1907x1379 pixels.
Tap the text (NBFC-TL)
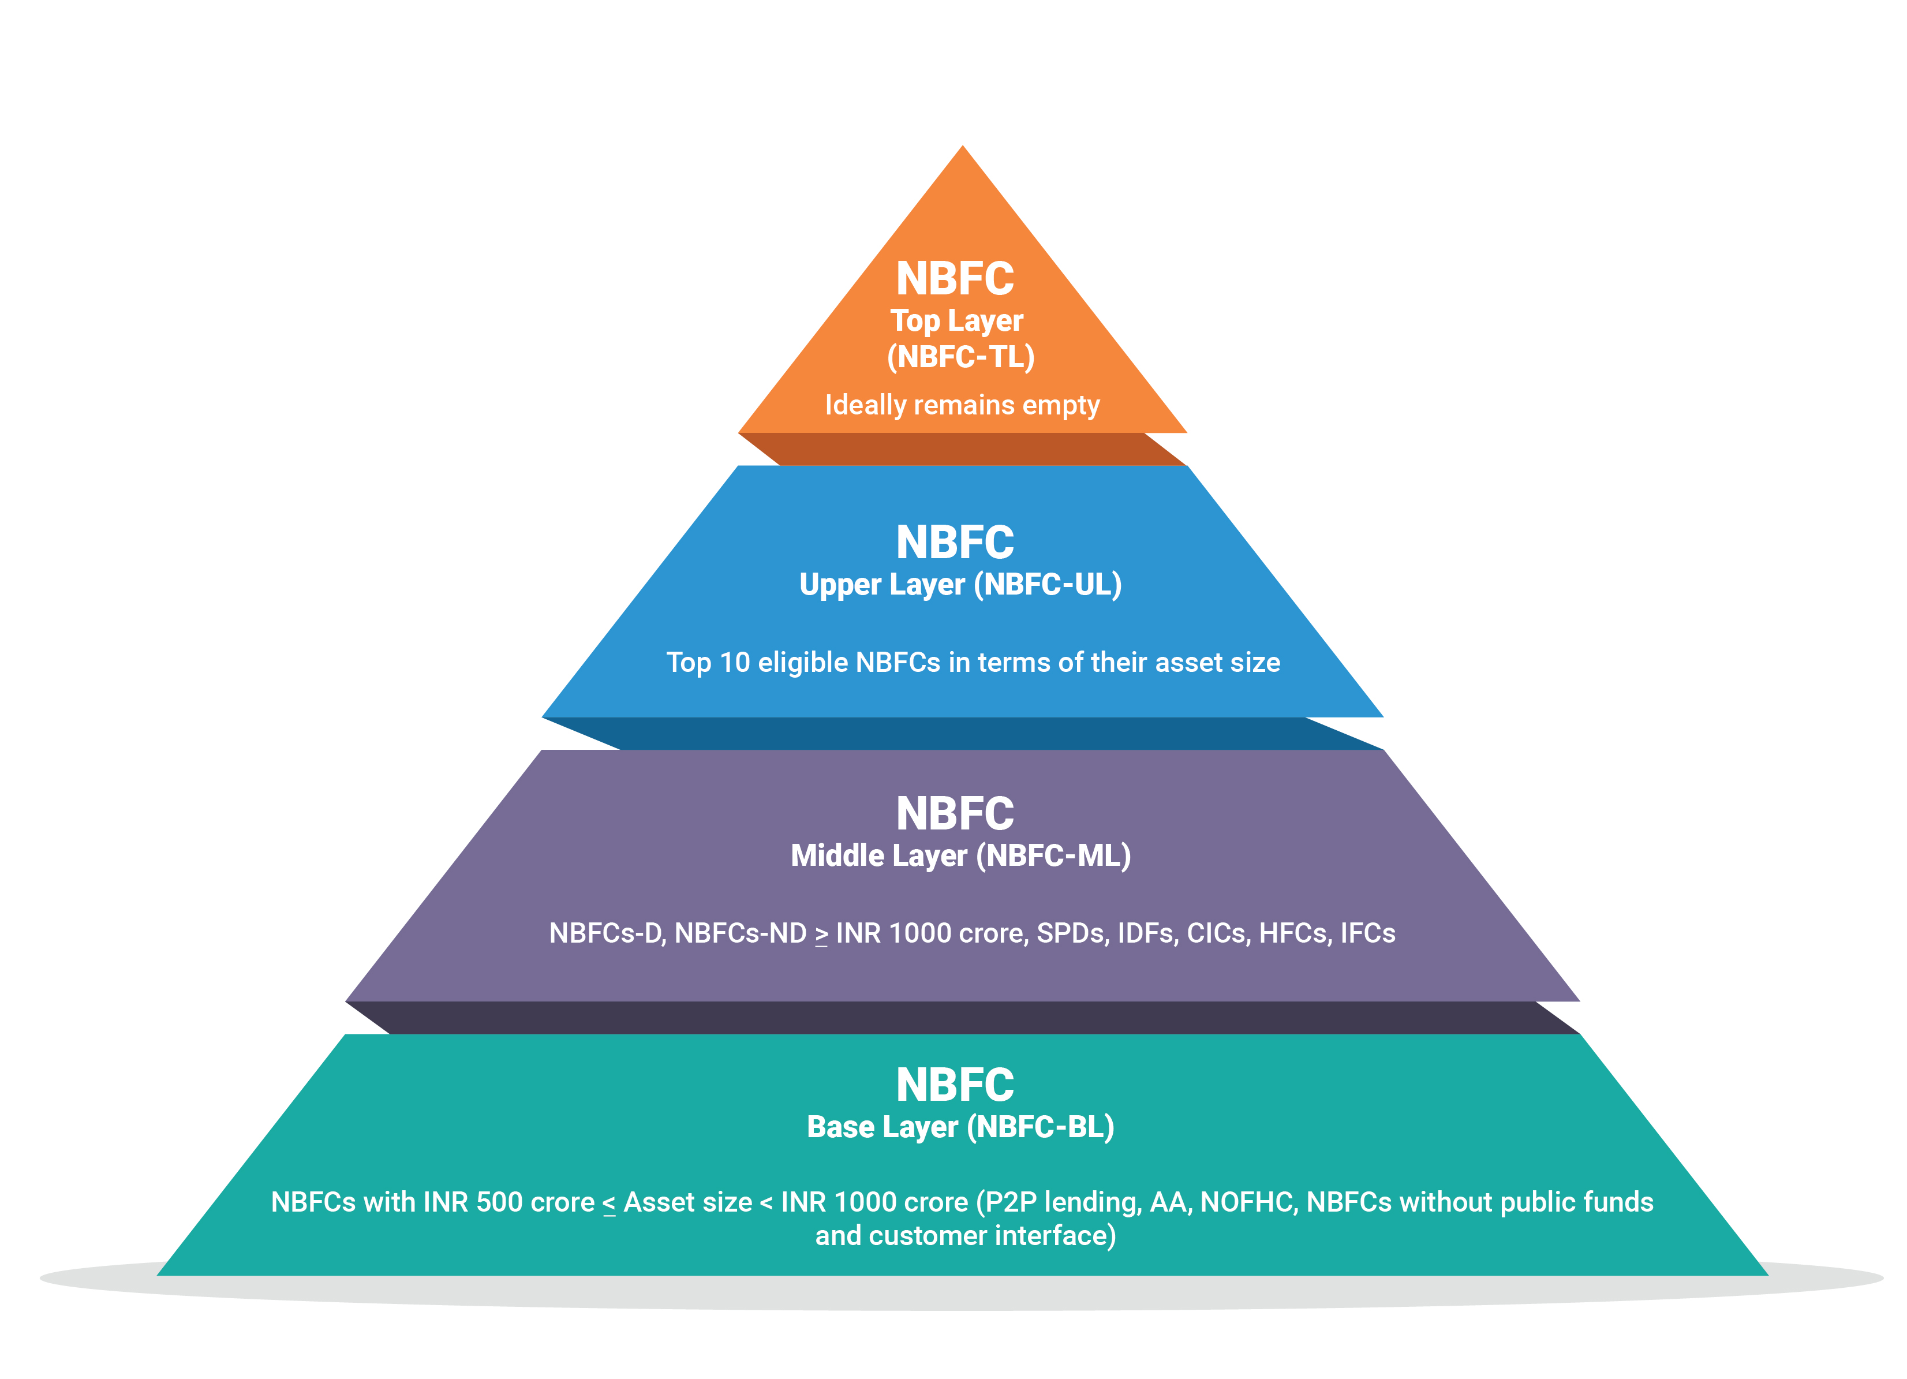pos(960,357)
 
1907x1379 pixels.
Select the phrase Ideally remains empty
pos(962,405)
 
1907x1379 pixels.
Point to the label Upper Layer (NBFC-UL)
pos(960,584)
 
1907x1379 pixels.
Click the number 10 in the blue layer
pos(734,663)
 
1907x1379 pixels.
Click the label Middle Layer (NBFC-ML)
pos(960,856)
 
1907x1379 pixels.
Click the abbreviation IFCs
pos(1367,933)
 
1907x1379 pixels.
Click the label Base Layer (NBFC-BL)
pos(960,1127)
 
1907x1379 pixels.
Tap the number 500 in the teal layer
pos(501,1202)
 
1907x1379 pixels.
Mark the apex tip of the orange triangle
pos(963,148)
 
